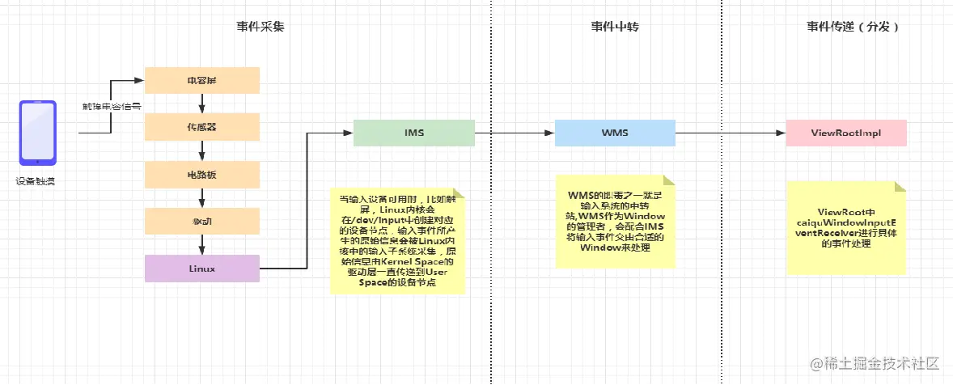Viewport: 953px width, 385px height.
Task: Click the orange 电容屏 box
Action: click(201, 80)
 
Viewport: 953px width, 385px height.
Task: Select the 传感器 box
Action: click(201, 127)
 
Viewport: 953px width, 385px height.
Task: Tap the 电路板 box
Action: click(201, 174)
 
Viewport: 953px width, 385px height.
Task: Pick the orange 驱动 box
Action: click(201, 221)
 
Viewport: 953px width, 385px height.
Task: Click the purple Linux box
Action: click(201, 269)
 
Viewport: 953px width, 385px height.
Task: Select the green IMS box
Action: click(413, 132)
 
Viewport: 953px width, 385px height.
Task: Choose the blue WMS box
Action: click(615, 132)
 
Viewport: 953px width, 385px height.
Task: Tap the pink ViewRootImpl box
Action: click(845, 132)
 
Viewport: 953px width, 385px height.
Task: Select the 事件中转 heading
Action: click(616, 27)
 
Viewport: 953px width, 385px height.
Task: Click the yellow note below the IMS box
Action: click(399, 240)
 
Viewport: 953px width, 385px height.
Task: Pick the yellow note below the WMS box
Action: click(615, 221)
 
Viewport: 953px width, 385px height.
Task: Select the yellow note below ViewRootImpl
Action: click(845, 226)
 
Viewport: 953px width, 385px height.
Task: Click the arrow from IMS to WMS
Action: click(514, 132)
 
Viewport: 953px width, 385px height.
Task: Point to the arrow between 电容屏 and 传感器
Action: click(201, 103)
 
